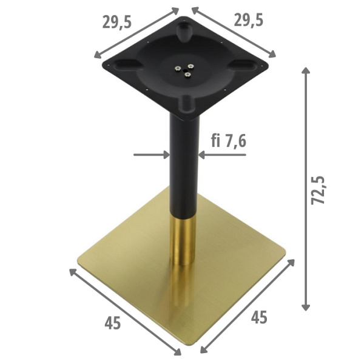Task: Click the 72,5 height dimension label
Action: pyautogui.click(x=319, y=190)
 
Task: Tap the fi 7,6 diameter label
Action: pyautogui.click(x=229, y=142)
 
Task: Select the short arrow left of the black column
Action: pyautogui.click(x=151, y=155)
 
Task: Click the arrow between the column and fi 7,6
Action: pyautogui.click(x=221, y=155)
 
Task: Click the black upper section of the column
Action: pyautogui.click(x=184, y=164)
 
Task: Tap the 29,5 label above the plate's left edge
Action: pyautogui.click(x=117, y=22)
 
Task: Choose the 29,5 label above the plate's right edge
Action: pyautogui.click(x=249, y=20)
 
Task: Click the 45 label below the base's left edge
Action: pyautogui.click(x=112, y=323)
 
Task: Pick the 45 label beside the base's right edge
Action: pyautogui.click(x=259, y=317)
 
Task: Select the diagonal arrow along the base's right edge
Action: pyautogui.click(x=248, y=306)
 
